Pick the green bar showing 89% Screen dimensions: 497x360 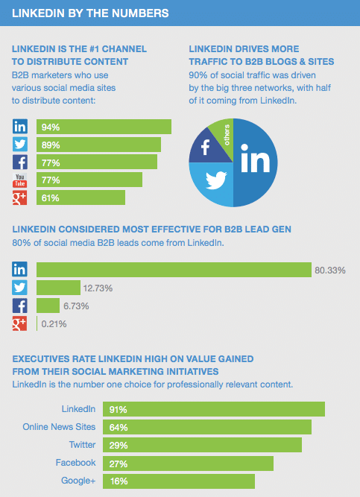[96, 145]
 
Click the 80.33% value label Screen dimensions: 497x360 [330, 270]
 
